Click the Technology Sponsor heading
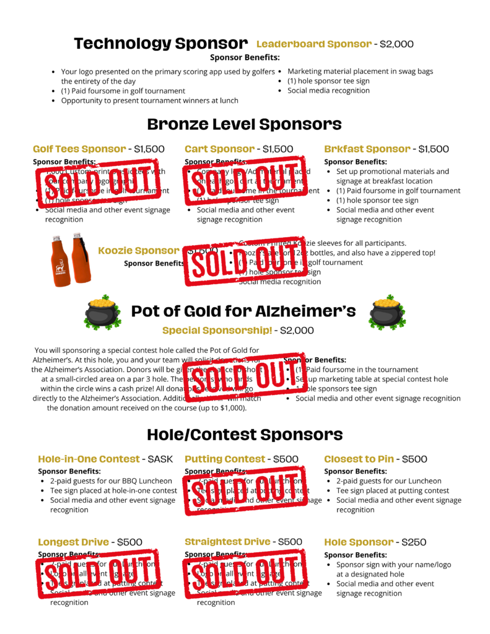pyautogui.click(x=160, y=43)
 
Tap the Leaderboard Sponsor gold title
pyautogui.click(x=313, y=44)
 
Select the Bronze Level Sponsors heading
pyautogui.click(x=244, y=124)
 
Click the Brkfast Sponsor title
pyautogui.click(x=367, y=149)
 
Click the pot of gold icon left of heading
pyautogui.click(x=102, y=311)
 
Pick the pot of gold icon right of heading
pyautogui.click(x=387, y=311)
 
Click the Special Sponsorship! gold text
pyautogui.click(x=216, y=331)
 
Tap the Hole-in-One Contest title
pyautogui.click(x=89, y=459)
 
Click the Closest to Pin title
pyautogui.click(x=359, y=459)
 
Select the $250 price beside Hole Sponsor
pyautogui.click(x=414, y=542)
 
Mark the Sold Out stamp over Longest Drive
pyautogui.click(x=99, y=573)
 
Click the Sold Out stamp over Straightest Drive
pyautogui.click(x=246, y=573)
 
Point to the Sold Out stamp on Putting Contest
pyautogui.click(x=246, y=490)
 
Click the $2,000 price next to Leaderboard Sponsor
pyautogui.click(x=396, y=44)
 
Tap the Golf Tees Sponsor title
pyautogui.click(x=79, y=149)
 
